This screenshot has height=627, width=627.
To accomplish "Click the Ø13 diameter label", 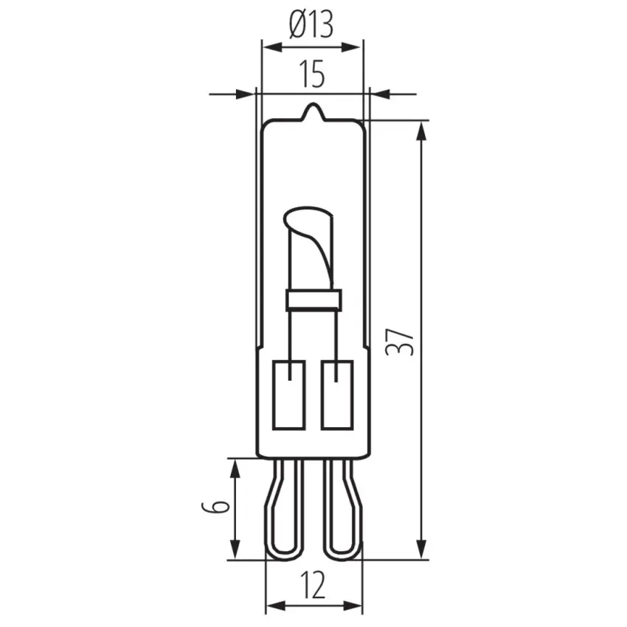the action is (311, 24).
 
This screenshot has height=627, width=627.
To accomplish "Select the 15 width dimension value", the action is (312, 74).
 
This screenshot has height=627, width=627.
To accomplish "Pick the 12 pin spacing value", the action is (313, 585).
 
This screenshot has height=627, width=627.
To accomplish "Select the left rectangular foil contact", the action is (289, 395).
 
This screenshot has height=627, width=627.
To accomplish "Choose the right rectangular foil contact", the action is (337, 395).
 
